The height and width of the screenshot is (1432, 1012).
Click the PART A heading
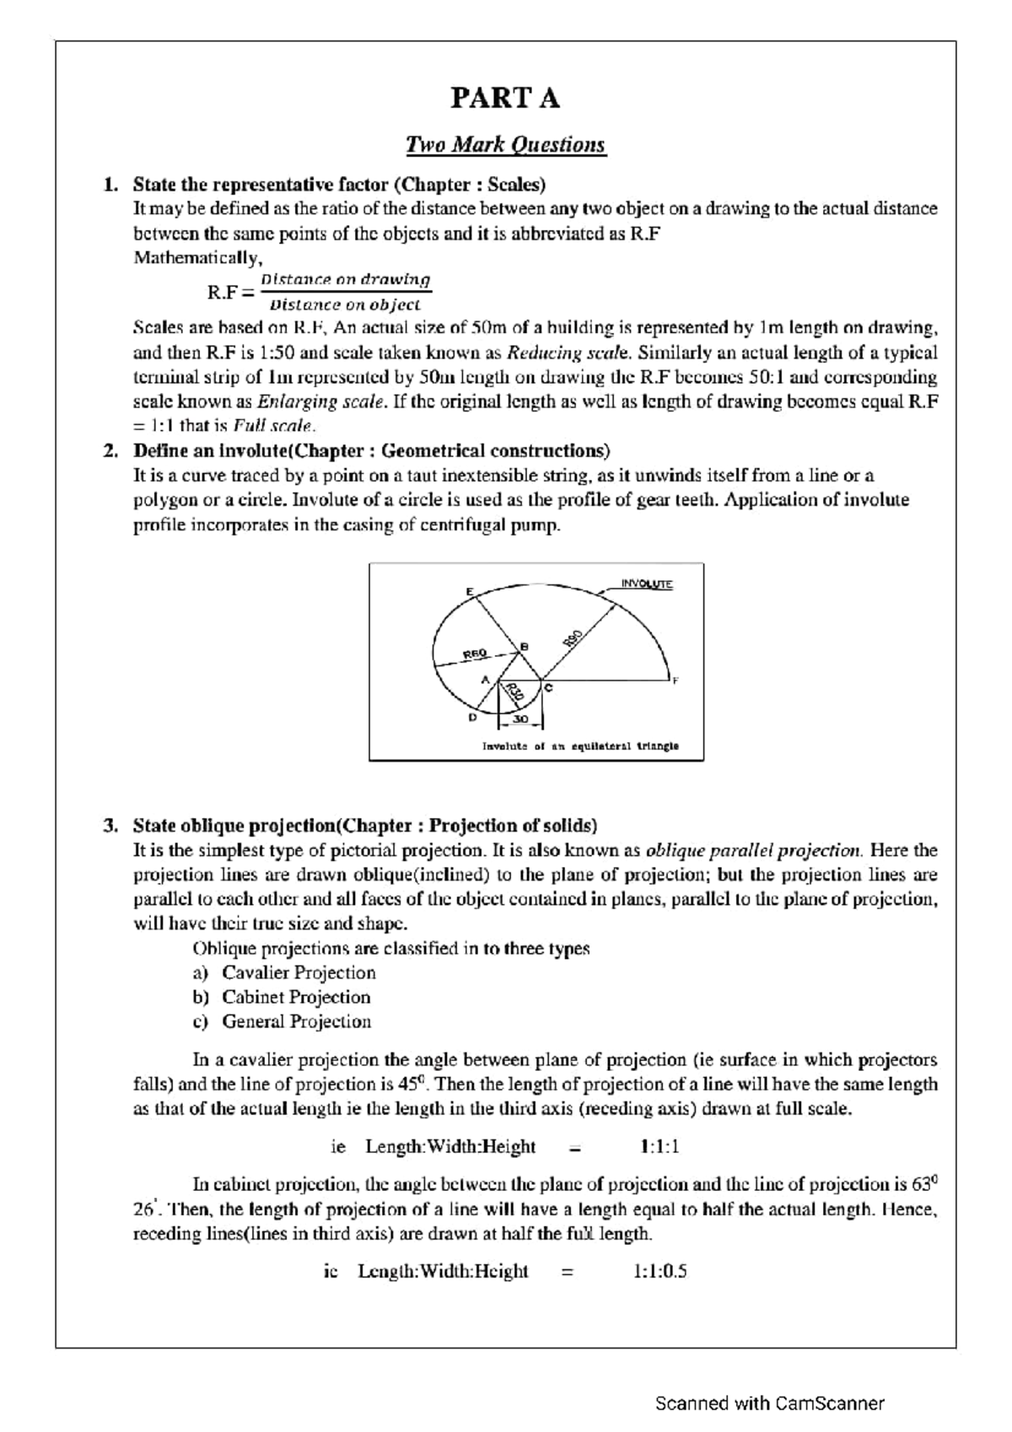pyautogui.click(x=505, y=99)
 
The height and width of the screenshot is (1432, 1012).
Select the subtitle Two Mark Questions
pyautogui.click(x=505, y=145)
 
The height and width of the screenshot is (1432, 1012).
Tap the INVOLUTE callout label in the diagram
pyautogui.click(x=647, y=584)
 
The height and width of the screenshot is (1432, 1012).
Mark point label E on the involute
pyautogui.click(x=469, y=591)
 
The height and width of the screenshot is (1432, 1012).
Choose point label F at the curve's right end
pyautogui.click(x=675, y=680)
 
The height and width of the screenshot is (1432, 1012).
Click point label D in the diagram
pyautogui.click(x=472, y=718)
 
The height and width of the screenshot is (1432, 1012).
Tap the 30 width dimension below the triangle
pyautogui.click(x=520, y=719)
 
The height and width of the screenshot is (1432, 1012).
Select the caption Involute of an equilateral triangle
pyautogui.click(x=580, y=746)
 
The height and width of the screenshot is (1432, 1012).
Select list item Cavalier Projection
pyautogui.click(x=299, y=972)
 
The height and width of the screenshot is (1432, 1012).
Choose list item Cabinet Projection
pyautogui.click(x=296, y=997)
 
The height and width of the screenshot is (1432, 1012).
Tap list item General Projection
pyautogui.click(x=296, y=1021)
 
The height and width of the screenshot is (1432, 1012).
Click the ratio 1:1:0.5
pyautogui.click(x=659, y=1271)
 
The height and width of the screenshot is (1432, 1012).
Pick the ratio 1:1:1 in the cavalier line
pyautogui.click(x=659, y=1147)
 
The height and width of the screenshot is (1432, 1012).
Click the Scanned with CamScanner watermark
pyautogui.click(x=770, y=1403)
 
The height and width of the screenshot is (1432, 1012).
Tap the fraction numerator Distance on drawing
pyautogui.click(x=346, y=279)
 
